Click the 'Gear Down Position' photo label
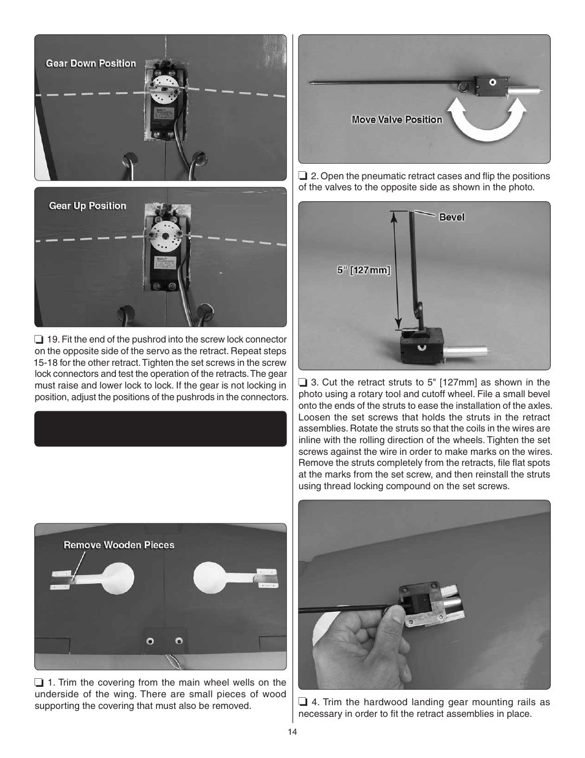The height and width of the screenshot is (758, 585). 91,63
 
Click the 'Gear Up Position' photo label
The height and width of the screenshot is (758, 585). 88,206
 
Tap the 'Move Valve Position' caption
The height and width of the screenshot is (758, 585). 397,120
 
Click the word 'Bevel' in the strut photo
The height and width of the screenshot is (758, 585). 451,217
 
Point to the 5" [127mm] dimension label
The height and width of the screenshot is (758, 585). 364,269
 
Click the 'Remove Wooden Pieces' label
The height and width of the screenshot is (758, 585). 119,544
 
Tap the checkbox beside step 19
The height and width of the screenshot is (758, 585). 39,339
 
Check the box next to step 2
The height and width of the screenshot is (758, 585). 303,176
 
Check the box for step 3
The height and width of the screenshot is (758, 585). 303,382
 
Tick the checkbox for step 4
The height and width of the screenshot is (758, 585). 303,703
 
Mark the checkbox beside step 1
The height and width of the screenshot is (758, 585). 39,683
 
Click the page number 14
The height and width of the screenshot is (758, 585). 292,732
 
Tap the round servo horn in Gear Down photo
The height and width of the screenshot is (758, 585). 165,88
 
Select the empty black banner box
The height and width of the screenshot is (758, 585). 160,428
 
